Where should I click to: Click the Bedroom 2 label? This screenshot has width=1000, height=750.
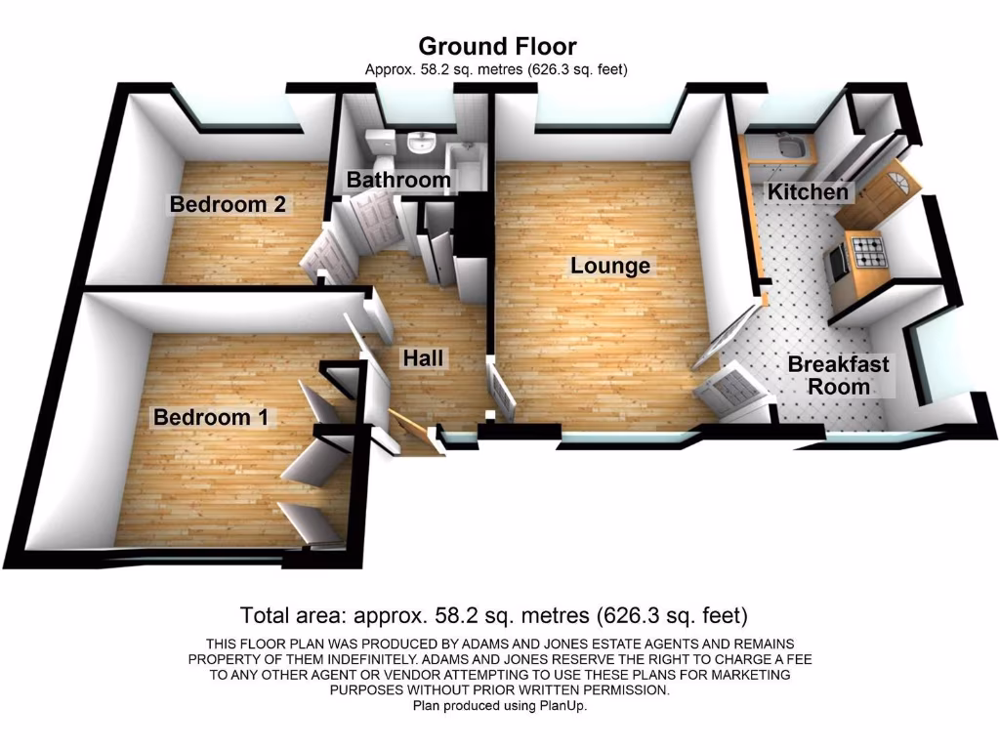pyautogui.click(x=228, y=205)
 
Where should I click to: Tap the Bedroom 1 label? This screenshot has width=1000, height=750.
pyautogui.click(x=210, y=417)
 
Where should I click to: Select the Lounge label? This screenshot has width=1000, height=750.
pyautogui.click(x=610, y=266)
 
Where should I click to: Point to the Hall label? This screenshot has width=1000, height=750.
pyautogui.click(x=423, y=358)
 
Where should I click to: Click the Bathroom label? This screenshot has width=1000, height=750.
pyautogui.click(x=398, y=180)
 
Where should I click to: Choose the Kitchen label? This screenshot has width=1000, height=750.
pyautogui.click(x=808, y=191)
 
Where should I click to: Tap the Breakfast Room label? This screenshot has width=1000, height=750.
pyautogui.click(x=838, y=375)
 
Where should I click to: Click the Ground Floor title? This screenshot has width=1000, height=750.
pyautogui.click(x=497, y=46)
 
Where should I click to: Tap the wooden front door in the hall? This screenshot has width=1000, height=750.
pyautogui.click(x=408, y=430)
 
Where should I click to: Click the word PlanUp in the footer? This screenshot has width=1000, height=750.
pyautogui.click(x=562, y=705)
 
